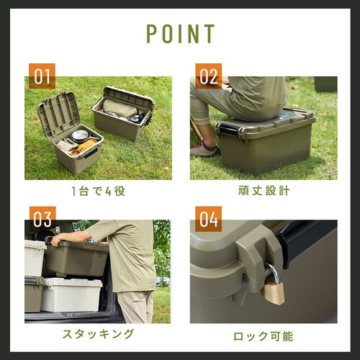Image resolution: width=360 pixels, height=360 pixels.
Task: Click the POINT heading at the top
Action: pos(180,34)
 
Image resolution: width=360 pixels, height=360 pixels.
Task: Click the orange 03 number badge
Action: pos(42,218)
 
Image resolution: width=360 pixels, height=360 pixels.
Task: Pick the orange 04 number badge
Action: pos(208,218)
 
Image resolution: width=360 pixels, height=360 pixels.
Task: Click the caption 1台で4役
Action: pos(98,192)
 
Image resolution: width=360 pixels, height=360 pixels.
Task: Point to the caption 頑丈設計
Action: pos(263,192)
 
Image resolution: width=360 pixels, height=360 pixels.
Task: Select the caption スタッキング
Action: pos(98,334)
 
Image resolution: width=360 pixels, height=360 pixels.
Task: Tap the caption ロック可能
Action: pos(263,336)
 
